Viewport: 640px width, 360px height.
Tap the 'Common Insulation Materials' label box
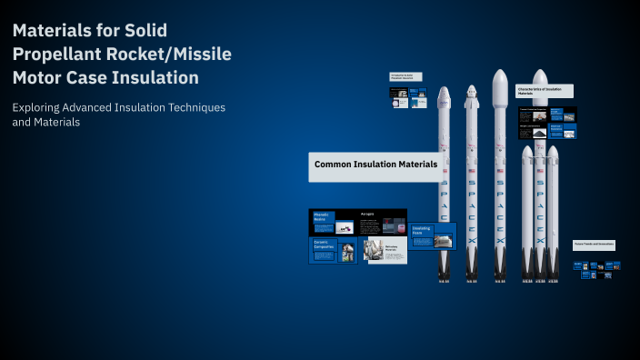coord(375,165)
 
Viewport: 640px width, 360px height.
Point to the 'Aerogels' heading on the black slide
coord(367,214)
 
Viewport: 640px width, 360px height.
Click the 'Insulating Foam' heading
coord(421,230)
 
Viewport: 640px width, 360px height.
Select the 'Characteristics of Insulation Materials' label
coord(545,90)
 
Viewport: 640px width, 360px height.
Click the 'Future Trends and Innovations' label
coord(594,245)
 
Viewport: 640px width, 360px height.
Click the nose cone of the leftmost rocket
coord(444,94)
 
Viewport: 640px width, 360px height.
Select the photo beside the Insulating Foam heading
coord(443,241)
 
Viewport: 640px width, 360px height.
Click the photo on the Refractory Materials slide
coord(371,249)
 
